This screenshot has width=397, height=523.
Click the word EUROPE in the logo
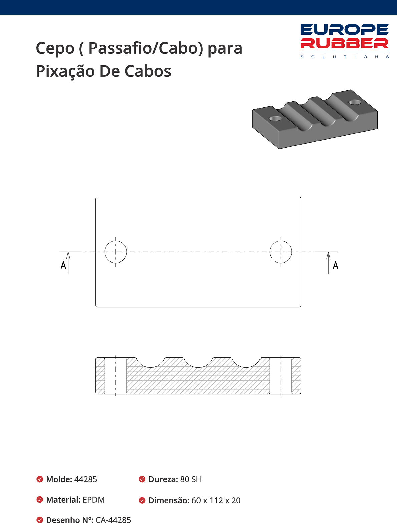[344, 30]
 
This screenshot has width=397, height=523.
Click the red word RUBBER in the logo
[344, 43]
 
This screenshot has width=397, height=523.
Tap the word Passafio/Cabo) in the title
[145, 48]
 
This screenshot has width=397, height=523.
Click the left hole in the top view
[116, 252]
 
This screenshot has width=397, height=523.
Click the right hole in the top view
[281, 252]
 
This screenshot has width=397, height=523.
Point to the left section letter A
[63, 265]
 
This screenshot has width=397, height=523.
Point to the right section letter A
[335, 265]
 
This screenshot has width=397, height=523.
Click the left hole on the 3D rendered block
[275, 118]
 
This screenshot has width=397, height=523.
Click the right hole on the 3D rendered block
[355, 102]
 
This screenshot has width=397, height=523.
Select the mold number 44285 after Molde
[86, 479]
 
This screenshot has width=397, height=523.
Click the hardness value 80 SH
[191, 479]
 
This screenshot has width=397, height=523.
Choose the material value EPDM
[94, 500]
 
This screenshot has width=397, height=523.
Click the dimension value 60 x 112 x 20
[216, 500]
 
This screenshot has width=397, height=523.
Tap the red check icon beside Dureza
[142, 479]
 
